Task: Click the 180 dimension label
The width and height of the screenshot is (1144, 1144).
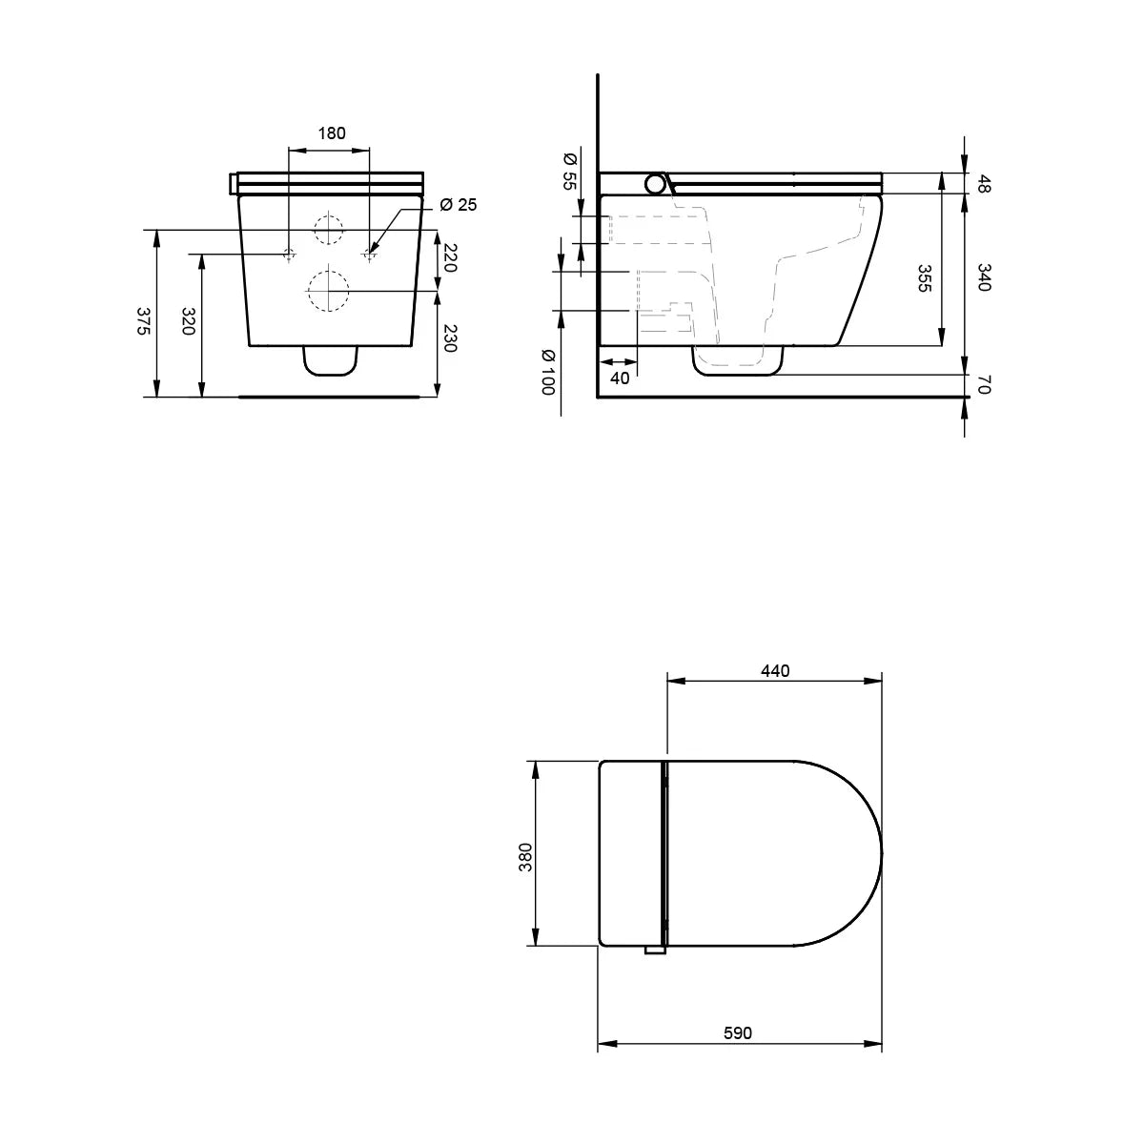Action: point(331,133)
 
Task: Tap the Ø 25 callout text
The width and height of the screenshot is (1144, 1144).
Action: point(460,206)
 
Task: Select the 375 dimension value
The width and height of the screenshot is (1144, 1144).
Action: point(142,321)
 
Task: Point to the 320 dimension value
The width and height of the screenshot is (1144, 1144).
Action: point(188,321)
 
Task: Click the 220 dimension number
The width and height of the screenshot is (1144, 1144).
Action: point(451,258)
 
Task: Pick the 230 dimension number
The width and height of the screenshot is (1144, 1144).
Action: point(451,338)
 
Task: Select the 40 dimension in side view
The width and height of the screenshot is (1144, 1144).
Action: point(620,378)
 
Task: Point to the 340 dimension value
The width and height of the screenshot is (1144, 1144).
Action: point(984,277)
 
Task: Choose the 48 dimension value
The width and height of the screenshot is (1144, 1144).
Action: point(984,183)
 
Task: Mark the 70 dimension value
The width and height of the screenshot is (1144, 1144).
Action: point(984,385)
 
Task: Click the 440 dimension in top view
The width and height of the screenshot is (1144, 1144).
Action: point(775,670)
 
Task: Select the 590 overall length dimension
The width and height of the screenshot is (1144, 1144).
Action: point(738,1033)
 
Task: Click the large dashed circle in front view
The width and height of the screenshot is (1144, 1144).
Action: point(327,291)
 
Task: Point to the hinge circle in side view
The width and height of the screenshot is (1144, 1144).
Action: point(657,183)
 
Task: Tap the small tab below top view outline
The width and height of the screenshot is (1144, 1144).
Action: point(655,950)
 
